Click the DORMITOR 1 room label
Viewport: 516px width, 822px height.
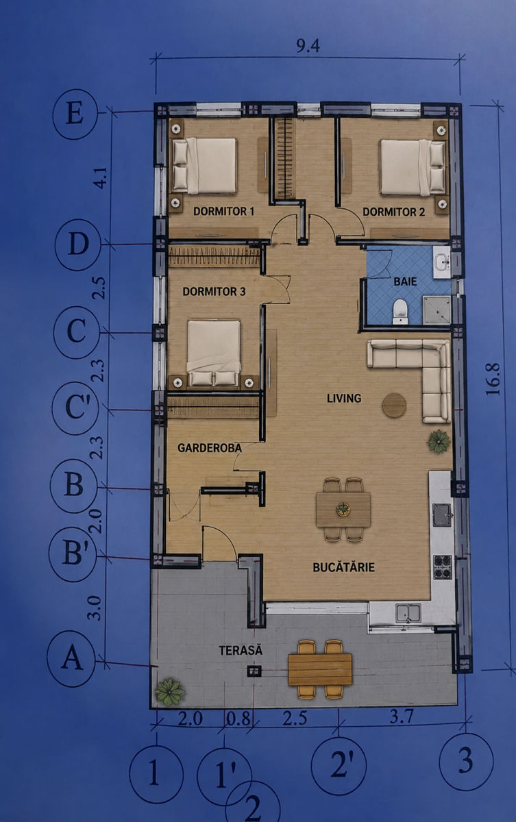pyautogui.click(x=224, y=212)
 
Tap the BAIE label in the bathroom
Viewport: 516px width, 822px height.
pyautogui.click(x=405, y=282)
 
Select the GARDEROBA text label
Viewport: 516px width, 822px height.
pyautogui.click(x=210, y=448)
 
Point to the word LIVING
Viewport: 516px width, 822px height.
pyautogui.click(x=344, y=398)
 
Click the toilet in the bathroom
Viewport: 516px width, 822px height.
pyautogui.click(x=400, y=312)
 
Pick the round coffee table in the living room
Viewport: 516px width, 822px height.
pyautogui.click(x=394, y=405)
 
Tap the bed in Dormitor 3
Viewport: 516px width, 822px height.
pyautogui.click(x=214, y=353)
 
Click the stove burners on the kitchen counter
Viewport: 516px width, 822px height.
pyautogui.click(x=443, y=567)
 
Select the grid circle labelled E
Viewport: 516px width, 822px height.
pyautogui.click(x=75, y=114)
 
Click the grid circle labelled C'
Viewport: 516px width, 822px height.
pyautogui.click(x=75, y=408)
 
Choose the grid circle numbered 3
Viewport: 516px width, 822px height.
pyautogui.click(x=466, y=762)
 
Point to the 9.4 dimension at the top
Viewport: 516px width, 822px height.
pyautogui.click(x=308, y=47)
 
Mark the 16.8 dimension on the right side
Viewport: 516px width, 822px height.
pyautogui.click(x=493, y=379)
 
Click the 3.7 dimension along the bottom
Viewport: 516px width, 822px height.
pyautogui.click(x=401, y=717)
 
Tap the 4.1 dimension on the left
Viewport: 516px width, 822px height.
pyautogui.click(x=101, y=178)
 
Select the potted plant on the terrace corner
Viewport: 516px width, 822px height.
pyautogui.click(x=169, y=692)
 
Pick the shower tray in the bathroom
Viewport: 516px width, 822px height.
pyautogui.click(x=437, y=310)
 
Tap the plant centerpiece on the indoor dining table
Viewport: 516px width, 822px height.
pyautogui.click(x=343, y=510)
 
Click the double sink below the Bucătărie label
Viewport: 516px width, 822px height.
pyautogui.click(x=408, y=614)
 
